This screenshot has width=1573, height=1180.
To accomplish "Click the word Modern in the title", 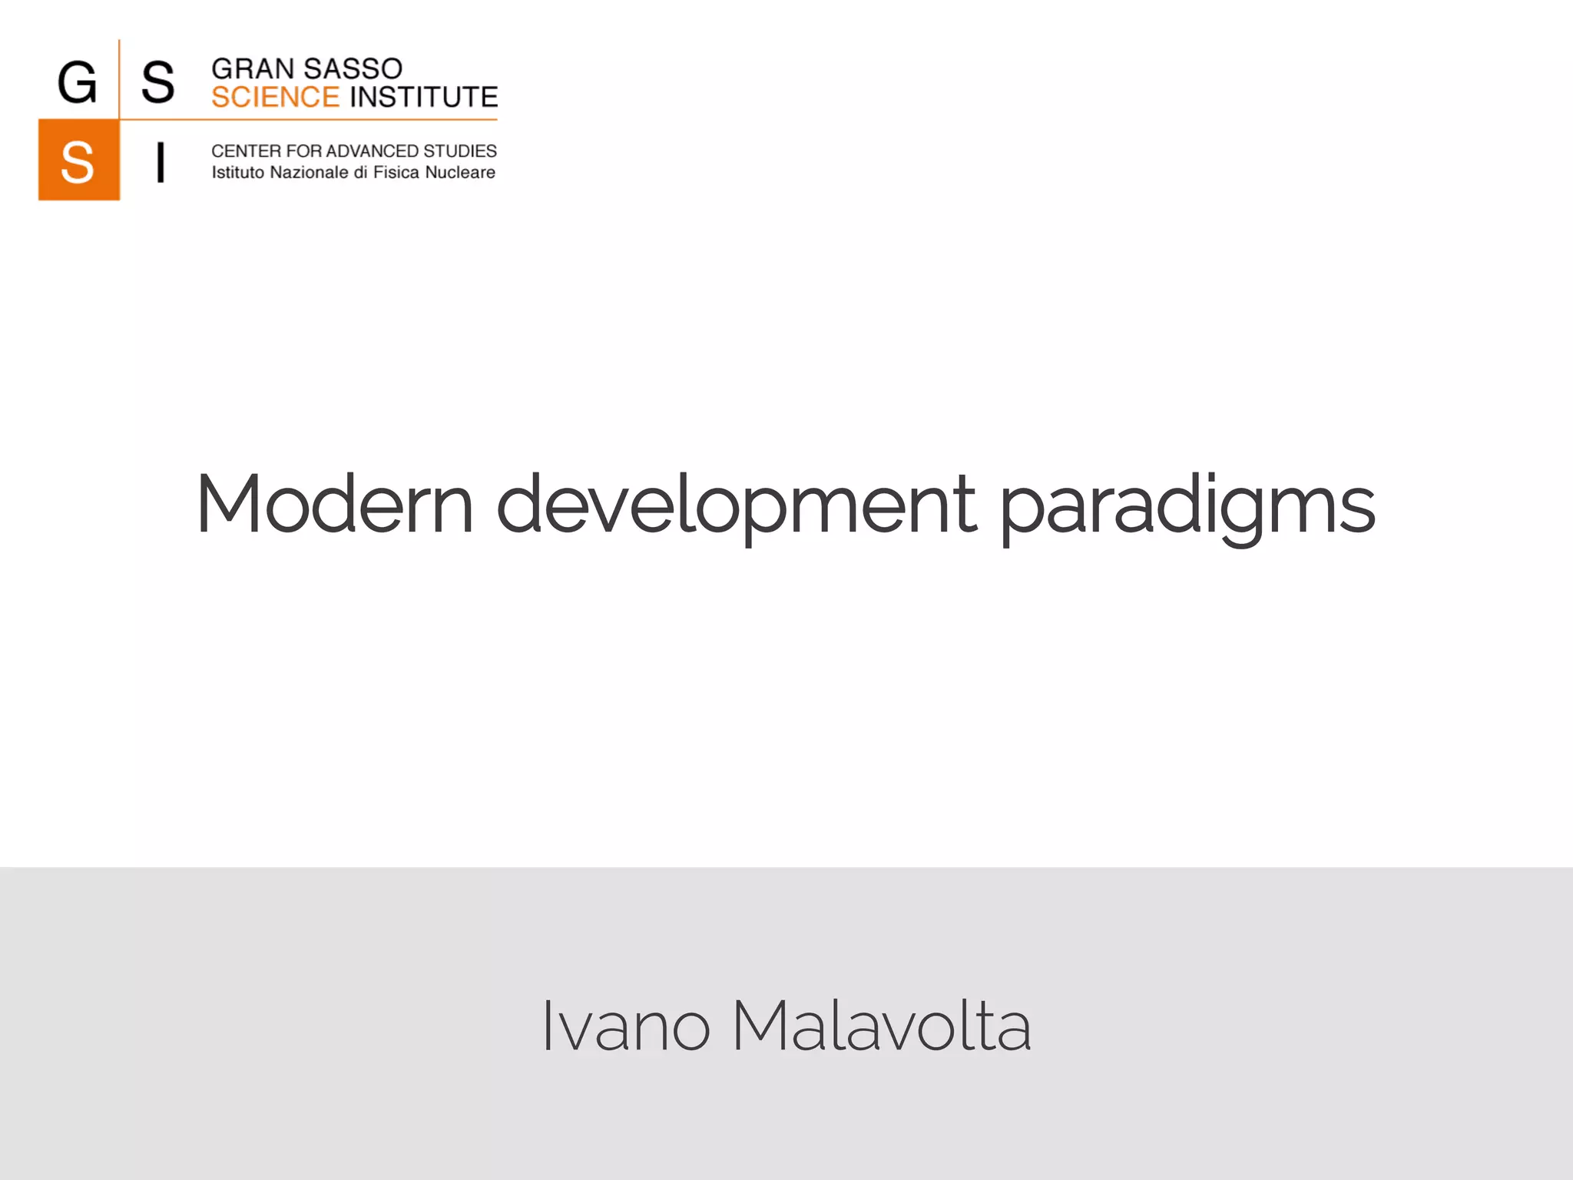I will pyautogui.click(x=334, y=505).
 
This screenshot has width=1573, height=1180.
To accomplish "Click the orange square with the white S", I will pyautogui.click(x=78, y=161).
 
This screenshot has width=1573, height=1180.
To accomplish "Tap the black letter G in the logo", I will pyautogui.click(x=78, y=82).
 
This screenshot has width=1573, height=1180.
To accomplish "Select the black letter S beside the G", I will pyautogui.click(x=157, y=82).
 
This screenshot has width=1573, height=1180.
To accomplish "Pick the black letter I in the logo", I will pyautogui.click(x=160, y=162).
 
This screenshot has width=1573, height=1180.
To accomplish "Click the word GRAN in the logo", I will pyautogui.click(x=253, y=69).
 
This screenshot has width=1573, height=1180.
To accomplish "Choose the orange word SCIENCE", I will pyautogui.click(x=275, y=98).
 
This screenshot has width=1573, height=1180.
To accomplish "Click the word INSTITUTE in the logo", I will pyautogui.click(x=424, y=98).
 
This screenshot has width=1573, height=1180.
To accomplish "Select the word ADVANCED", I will pyautogui.click(x=373, y=151).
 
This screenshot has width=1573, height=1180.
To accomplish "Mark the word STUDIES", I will pyautogui.click(x=460, y=151).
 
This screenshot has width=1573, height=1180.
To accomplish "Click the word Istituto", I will pyautogui.click(x=237, y=173).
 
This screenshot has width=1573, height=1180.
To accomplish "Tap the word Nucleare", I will pyautogui.click(x=460, y=173).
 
